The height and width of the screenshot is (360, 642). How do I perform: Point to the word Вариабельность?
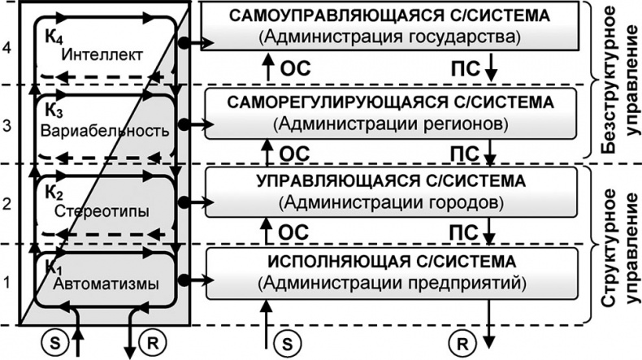tap(106, 131)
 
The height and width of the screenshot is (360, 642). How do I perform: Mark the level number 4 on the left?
tap(7, 49)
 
